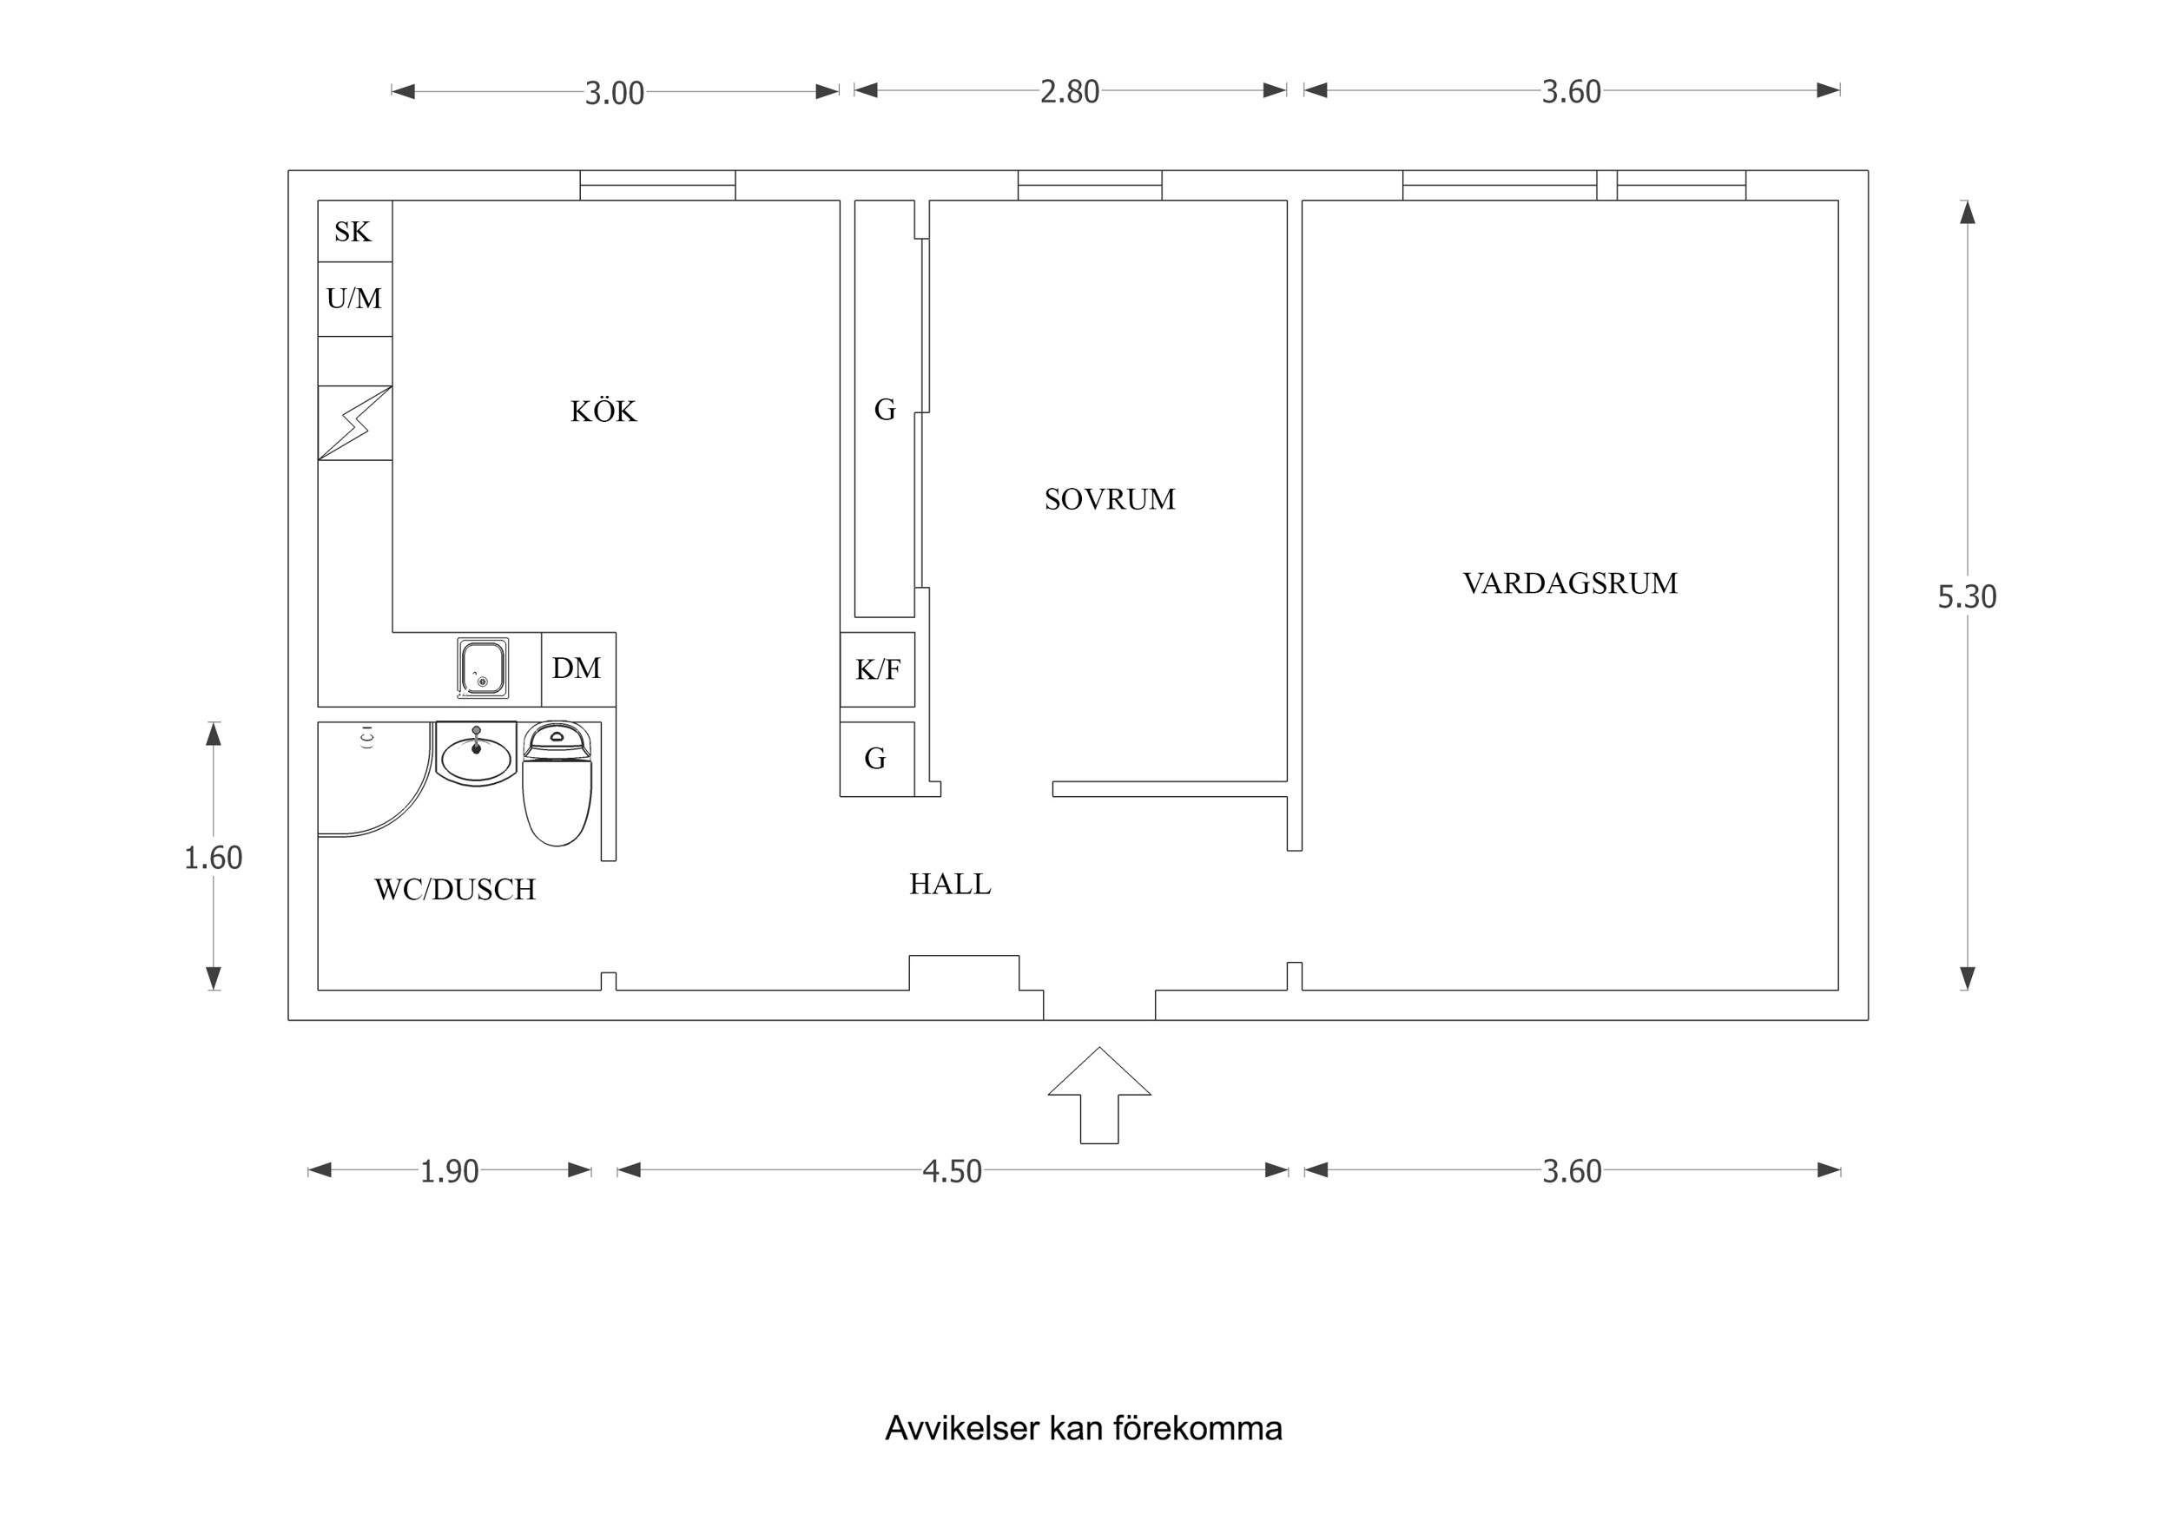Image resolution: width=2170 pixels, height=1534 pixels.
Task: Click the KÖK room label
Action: (603, 411)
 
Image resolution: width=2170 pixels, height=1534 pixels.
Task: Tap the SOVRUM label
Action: (1110, 499)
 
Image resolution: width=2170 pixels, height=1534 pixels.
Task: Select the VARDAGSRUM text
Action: (1570, 583)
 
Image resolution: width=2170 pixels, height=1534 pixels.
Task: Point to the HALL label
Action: (950, 885)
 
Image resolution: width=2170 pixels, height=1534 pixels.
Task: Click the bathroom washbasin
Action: (477, 755)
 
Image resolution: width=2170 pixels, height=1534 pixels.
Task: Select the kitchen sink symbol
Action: (483, 668)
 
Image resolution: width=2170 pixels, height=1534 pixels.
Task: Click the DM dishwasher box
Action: (577, 669)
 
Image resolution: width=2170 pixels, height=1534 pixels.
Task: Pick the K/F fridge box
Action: (877, 669)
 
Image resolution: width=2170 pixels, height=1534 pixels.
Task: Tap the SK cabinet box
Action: (353, 232)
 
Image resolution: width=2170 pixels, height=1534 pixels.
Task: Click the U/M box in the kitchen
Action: (353, 299)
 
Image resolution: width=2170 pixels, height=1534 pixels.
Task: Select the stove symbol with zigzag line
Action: (354, 423)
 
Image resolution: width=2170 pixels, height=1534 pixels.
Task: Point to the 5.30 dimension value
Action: (1967, 597)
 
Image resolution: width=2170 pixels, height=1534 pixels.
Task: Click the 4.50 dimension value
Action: (952, 1172)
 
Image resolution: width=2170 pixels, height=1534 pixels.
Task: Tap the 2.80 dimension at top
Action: (1069, 93)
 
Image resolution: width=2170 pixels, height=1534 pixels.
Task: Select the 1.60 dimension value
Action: (213, 859)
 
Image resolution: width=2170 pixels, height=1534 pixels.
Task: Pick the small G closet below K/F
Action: (876, 759)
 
